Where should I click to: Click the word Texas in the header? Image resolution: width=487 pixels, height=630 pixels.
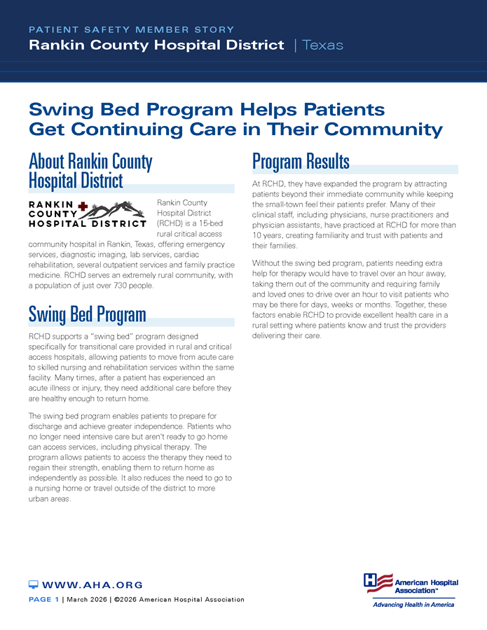(x=323, y=45)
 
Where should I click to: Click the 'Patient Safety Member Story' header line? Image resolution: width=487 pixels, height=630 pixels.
(x=132, y=30)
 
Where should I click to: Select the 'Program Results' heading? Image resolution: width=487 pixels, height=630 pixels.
(x=301, y=162)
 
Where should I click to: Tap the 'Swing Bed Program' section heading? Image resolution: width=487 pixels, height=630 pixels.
(x=87, y=314)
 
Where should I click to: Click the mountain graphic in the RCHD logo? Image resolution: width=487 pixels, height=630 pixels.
(x=119, y=209)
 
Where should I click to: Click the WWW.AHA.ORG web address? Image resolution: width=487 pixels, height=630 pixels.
(x=92, y=584)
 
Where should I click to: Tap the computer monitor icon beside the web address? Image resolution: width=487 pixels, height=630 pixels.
(x=33, y=584)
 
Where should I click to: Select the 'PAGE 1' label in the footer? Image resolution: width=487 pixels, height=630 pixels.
(x=43, y=600)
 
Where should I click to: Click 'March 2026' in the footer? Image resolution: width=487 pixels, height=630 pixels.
(x=88, y=600)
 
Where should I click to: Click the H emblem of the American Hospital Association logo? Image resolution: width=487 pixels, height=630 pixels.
(x=378, y=583)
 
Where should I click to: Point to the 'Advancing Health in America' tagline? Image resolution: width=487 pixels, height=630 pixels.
(x=413, y=604)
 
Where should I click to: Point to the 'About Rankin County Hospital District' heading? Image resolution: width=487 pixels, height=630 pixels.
(x=90, y=171)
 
